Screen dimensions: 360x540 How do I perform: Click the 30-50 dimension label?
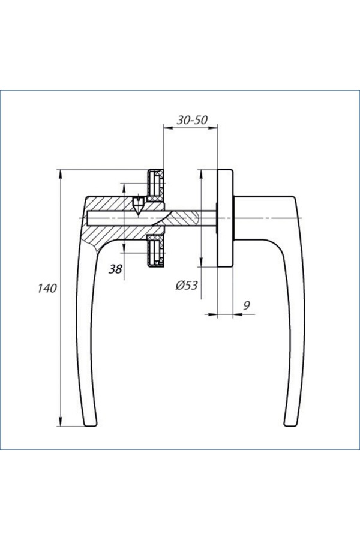tap(192, 120)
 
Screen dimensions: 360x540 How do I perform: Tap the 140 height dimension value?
tap(47, 288)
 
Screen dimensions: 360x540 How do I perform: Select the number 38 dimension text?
tap(115, 269)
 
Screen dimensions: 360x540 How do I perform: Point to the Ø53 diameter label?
tap(187, 285)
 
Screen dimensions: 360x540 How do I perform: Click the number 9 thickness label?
tap(247, 305)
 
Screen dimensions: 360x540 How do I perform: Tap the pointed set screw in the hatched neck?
tap(139, 206)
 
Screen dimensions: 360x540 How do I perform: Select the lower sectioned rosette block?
tap(156, 251)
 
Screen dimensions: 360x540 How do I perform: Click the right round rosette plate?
tap(226, 218)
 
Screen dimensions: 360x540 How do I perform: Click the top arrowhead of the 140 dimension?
tap(61, 174)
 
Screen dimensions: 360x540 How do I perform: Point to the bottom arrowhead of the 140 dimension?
tap(61, 422)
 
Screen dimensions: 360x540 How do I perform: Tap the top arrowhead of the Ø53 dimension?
tap(201, 174)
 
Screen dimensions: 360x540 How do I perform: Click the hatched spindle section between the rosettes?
tap(182, 218)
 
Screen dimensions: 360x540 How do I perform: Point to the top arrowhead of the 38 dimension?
tap(124, 188)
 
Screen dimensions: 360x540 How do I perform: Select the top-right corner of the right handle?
tap(295, 197)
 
